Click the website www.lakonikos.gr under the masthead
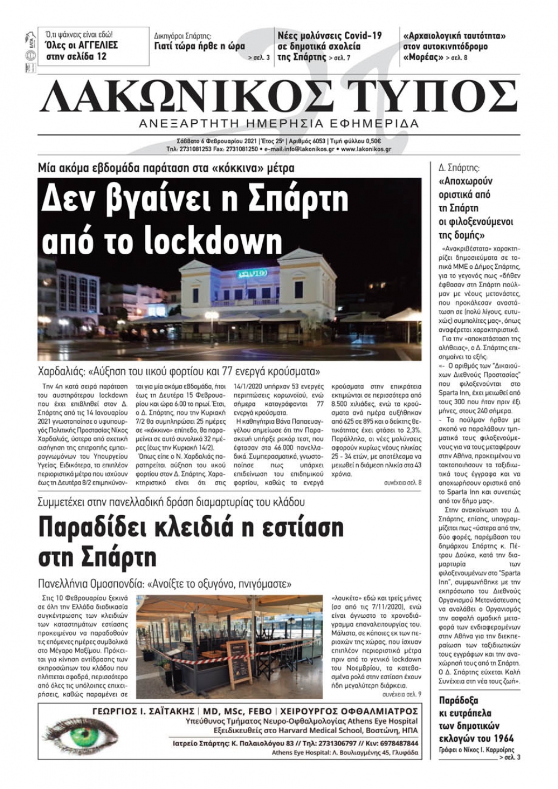click(x=366, y=149)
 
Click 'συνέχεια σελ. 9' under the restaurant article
click(x=402, y=695)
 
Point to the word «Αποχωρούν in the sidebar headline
click(x=466, y=181)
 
